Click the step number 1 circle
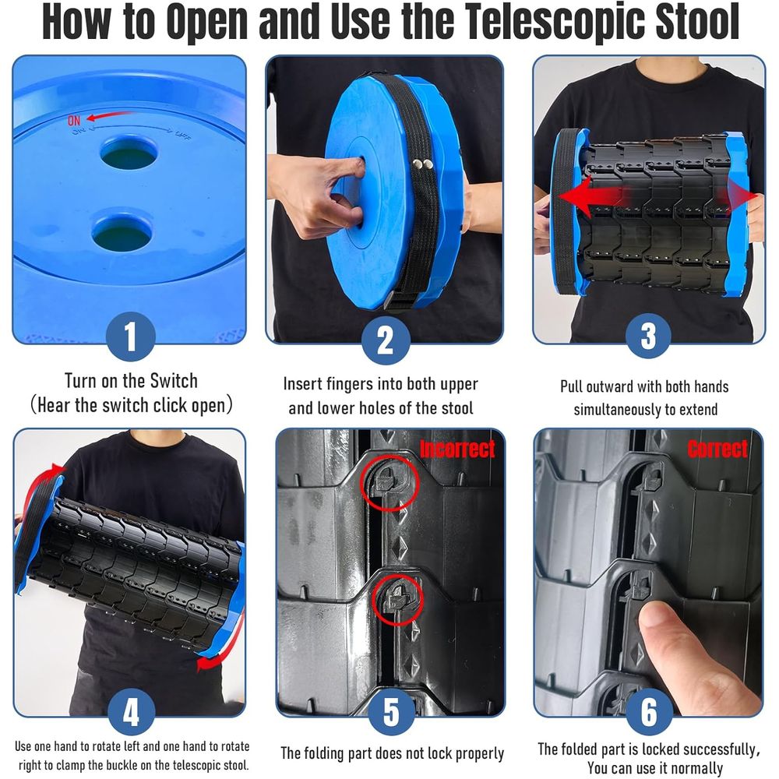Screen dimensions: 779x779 tap(130, 337)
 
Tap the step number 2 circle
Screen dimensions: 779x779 tap(386, 340)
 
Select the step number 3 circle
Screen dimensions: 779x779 tap(648, 335)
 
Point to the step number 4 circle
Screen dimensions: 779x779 tap(131, 711)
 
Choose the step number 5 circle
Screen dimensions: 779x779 tap(392, 711)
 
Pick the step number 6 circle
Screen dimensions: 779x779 tap(649, 711)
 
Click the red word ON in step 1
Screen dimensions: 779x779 tap(74, 120)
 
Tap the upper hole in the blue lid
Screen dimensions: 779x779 tap(129, 153)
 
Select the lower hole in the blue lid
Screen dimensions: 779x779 tap(122, 232)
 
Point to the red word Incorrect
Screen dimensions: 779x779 tap(457, 449)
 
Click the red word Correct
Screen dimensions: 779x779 tap(717, 449)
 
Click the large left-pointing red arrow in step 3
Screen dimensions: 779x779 tap(591, 197)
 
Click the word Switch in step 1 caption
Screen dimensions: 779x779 tap(174, 381)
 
